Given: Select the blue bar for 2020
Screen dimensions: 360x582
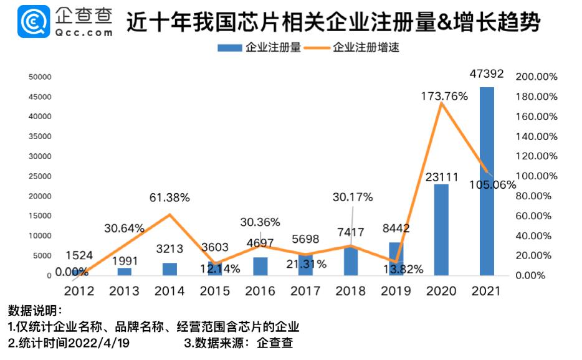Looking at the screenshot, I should click(x=441, y=229).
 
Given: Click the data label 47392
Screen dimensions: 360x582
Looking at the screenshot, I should click(x=486, y=74).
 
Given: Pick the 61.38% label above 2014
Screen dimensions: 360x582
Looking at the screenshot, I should click(x=169, y=198).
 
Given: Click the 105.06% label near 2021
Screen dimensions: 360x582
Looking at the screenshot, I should click(x=494, y=184).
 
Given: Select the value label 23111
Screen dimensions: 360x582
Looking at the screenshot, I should click(x=441, y=176).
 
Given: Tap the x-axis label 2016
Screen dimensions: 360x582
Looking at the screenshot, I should click(x=260, y=291).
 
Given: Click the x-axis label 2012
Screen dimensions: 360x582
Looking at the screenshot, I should click(x=79, y=291).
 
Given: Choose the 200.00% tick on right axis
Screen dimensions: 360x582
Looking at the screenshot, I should click(x=537, y=77).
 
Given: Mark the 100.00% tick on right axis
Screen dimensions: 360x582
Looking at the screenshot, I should click(x=537, y=176).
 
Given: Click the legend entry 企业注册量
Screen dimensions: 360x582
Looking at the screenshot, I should click(x=259, y=47).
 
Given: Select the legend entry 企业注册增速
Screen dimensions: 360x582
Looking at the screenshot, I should click(x=356, y=47).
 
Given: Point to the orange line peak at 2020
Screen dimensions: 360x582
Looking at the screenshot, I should click(x=441, y=103).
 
